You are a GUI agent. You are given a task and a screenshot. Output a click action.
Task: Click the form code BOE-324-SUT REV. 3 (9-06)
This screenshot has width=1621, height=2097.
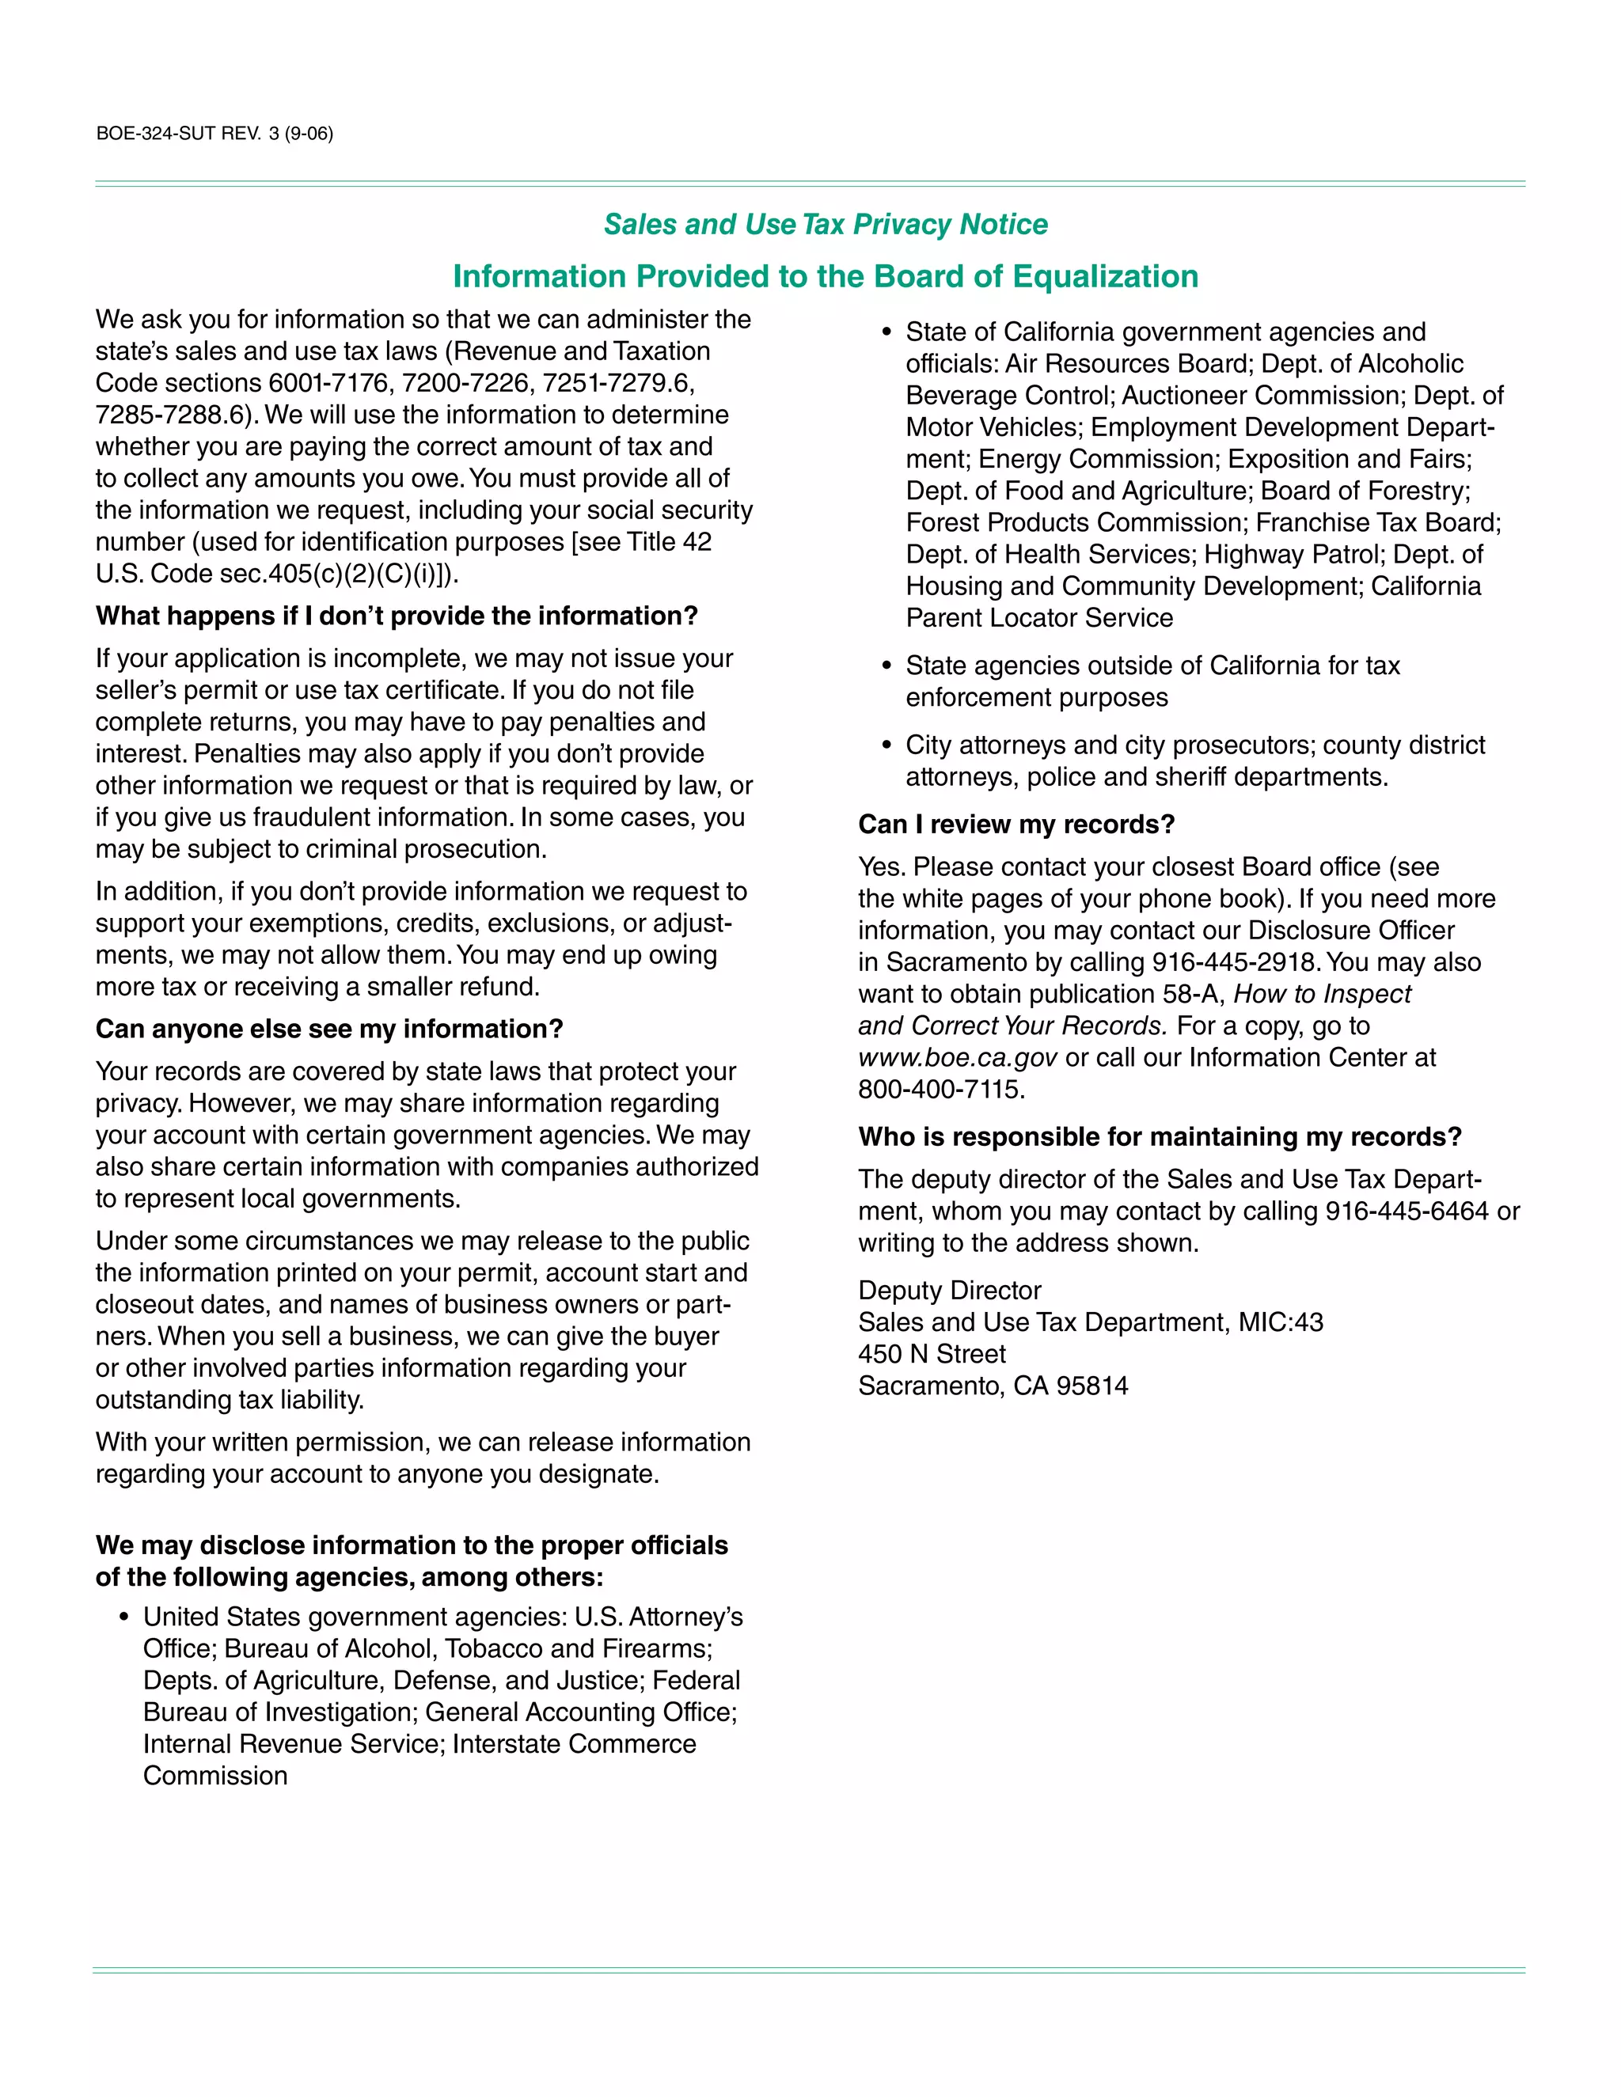[x=214, y=134]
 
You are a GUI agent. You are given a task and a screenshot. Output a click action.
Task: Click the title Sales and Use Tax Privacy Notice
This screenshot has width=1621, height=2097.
[x=825, y=224]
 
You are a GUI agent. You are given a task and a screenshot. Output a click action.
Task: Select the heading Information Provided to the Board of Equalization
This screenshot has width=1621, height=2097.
[x=825, y=276]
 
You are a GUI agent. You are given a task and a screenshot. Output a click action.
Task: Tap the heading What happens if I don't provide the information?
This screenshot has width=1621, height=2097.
[x=396, y=616]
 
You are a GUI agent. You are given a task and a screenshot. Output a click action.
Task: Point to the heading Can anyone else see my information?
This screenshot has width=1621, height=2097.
[x=328, y=1029]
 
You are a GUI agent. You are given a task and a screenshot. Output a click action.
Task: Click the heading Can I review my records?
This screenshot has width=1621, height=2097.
[x=1016, y=824]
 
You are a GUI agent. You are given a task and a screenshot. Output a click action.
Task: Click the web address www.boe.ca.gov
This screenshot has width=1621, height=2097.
[x=958, y=1057]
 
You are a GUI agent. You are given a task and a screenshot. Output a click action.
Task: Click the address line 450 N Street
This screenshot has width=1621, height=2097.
[x=932, y=1354]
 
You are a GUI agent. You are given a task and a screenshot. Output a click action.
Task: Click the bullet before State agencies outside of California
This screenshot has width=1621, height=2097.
[x=886, y=666]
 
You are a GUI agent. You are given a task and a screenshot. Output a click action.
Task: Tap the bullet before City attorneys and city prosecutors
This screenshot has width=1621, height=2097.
[x=886, y=745]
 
